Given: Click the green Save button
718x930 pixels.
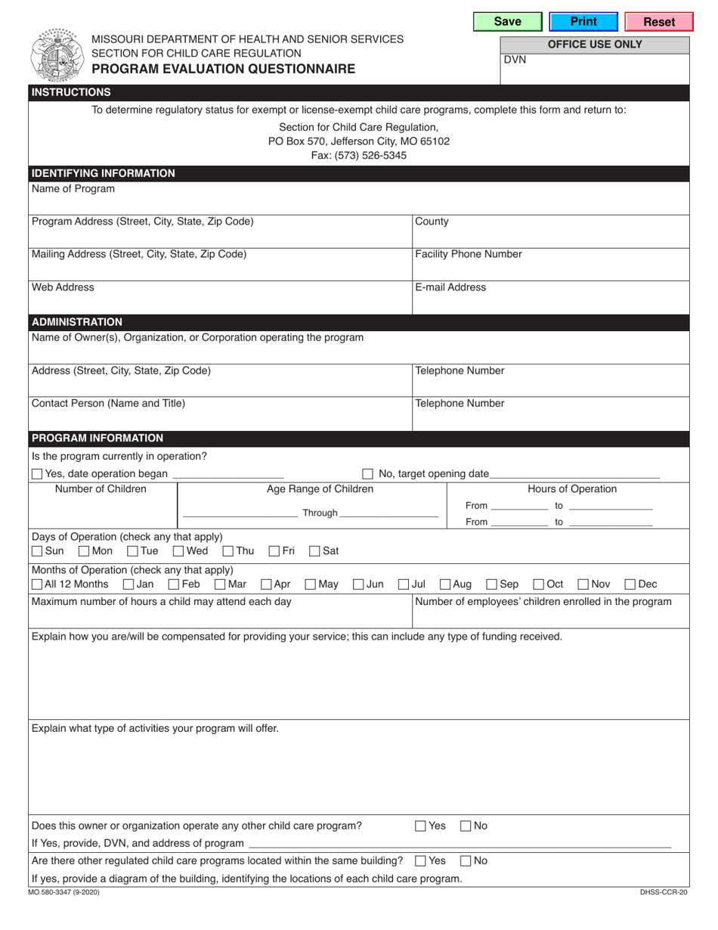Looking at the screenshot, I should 507,22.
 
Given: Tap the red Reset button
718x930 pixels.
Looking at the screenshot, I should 659,22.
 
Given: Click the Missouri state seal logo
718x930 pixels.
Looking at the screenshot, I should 57,54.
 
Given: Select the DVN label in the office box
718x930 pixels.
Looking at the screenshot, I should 515,60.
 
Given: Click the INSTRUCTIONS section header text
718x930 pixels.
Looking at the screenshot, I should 71,92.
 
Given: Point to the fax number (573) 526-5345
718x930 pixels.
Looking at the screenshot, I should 359,155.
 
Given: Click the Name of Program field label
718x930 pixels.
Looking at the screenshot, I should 73,189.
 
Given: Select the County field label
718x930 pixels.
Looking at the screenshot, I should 432,222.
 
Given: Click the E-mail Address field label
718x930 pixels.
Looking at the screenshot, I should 450,287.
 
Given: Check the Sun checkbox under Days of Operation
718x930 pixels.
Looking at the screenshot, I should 37,551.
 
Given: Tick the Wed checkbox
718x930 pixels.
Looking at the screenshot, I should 178,551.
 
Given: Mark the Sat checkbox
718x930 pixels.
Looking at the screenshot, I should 314,551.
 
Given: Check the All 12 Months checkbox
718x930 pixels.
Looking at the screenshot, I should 37,584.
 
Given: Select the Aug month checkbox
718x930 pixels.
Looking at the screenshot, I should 445,584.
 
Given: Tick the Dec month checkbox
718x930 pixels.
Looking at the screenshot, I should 630,584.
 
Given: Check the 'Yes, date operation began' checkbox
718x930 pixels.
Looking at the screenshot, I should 37,474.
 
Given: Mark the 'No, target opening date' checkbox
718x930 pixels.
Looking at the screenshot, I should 367,474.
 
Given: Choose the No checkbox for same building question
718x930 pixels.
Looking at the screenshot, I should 466,860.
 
